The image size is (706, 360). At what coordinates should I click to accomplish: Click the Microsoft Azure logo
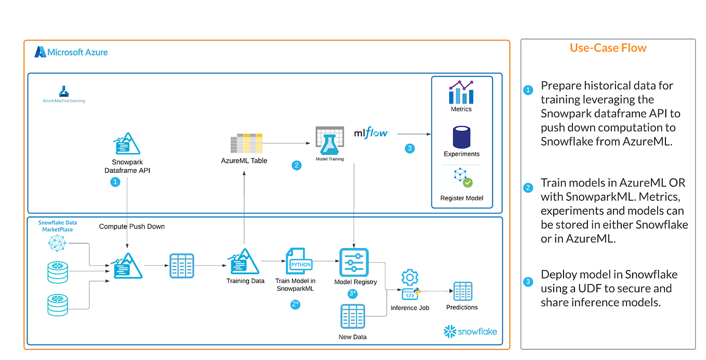tap(71, 52)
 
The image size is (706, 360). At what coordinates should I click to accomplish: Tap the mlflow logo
tap(371, 133)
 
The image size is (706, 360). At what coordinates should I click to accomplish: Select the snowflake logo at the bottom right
tap(470, 331)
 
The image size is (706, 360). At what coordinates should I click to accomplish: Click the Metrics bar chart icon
tap(461, 92)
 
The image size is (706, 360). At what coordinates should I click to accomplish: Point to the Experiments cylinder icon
tap(461, 137)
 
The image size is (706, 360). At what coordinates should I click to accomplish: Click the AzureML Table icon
tap(246, 143)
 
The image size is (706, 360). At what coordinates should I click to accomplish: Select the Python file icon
tap(299, 262)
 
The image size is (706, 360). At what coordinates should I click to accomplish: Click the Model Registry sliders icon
tap(354, 262)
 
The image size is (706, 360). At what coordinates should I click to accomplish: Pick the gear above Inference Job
tap(410, 276)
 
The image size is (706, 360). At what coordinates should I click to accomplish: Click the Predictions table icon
tap(462, 291)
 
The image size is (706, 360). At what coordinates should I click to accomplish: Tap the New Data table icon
tap(352, 318)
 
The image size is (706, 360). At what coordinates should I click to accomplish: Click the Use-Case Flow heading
tap(608, 48)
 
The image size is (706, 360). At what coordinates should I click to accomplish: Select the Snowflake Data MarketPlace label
tap(57, 226)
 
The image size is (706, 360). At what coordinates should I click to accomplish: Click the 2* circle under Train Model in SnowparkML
tap(295, 305)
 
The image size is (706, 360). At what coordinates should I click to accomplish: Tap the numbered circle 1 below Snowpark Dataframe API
tap(115, 182)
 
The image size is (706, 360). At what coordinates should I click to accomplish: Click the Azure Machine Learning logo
tap(63, 94)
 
